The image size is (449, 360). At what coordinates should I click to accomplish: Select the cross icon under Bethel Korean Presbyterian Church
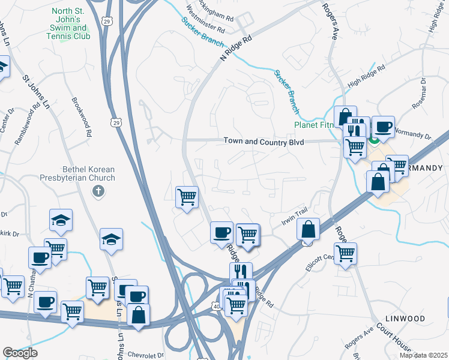pyautogui.click(x=98, y=191)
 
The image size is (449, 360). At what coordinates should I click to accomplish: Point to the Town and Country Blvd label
pyautogui.click(x=264, y=142)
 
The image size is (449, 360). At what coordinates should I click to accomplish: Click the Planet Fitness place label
pyautogui.click(x=313, y=125)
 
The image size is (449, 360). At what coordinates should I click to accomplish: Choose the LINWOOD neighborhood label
pyautogui.click(x=406, y=318)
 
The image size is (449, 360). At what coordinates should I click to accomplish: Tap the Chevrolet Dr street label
pyautogui.click(x=142, y=355)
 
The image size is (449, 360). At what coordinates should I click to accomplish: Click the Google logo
pyautogui.click(x=20, y=353)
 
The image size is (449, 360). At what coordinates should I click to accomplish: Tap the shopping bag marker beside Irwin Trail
pyautogui.click(x=309, y=230)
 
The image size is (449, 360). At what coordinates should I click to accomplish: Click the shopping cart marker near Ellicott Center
pyautogui.click(x=346, y=254)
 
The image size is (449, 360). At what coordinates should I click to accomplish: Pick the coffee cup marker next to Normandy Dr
pyautogui.click(x=384, y=127)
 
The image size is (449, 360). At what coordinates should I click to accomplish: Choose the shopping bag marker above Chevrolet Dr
pyautogui.click(x=138, y=315)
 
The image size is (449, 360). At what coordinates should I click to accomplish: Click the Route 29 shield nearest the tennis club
pyautogui.click(x=106, y=21)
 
